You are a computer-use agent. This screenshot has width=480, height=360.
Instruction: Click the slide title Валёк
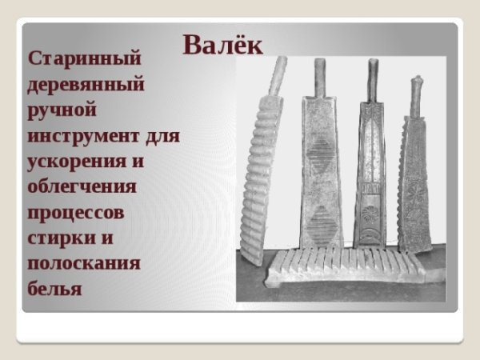pos(222,44)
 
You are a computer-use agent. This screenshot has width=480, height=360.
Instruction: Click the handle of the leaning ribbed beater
pos(278,74)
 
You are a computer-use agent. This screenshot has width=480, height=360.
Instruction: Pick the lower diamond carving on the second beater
pos(322,217)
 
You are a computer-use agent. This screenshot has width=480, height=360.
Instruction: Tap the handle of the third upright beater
pos(372,77)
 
